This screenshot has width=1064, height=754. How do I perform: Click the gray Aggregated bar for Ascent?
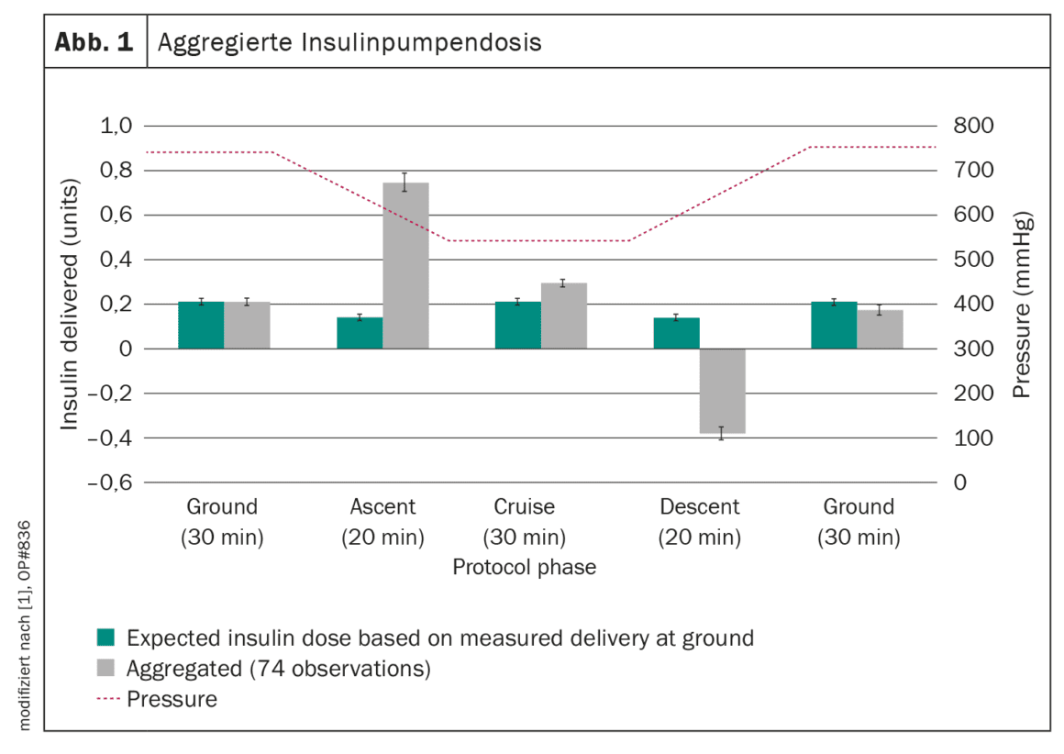point(405,265)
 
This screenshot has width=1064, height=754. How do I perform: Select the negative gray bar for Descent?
point(723,391)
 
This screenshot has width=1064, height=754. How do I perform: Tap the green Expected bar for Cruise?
point(517,325)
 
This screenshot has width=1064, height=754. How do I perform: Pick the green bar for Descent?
point(677,333)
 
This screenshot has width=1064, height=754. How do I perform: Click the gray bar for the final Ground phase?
point(881,329)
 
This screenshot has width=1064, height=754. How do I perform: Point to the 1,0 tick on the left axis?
point(116,126)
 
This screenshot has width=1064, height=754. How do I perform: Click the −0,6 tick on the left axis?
point(110,482)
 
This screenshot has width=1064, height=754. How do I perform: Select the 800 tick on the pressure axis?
point(973,126)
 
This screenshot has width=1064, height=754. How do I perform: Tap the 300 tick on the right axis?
point(973,349)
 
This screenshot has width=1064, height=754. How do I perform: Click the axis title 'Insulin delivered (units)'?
point(70,304)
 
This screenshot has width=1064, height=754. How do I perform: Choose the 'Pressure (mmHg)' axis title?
point(1022,305)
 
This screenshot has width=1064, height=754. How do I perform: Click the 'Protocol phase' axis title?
point(525,567)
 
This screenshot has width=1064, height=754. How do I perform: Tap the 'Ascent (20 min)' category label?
point(382,522)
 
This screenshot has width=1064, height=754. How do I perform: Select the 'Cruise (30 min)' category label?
point(525,522)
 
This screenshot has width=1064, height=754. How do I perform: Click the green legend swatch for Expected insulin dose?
point(105,638)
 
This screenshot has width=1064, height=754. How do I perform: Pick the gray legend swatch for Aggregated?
point(105,668)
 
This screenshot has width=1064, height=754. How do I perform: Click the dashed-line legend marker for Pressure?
point(108,698)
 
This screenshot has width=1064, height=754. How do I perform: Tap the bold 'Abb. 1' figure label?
point(94,42)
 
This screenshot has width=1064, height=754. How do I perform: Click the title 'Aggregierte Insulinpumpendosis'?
point(349,43)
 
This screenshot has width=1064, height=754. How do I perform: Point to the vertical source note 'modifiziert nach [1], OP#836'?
point(25,625)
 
